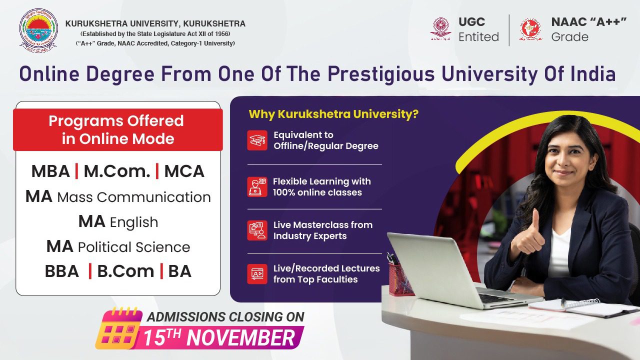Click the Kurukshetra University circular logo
tap(38, 30)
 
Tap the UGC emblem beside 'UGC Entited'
tap(441, 28)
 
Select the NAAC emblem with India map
tap(530, 29)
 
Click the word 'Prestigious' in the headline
tap(381, 74)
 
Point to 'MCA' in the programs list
tap(184, 171)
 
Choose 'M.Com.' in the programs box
tap(117, 171)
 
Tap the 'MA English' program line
tap(118, 222)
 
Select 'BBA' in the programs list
tap(61, 271)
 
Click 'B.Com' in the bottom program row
tap(125, 271)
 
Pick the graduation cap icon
tap(257, 140)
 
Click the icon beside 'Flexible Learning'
tap(257, 187)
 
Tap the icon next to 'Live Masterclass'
tap(257, 230)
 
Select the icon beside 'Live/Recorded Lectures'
tap(257, 274)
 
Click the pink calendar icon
tap(118, 328)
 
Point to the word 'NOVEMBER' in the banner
tap(240, 338)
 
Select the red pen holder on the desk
tap(400, 279)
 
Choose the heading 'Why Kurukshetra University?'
tap(333, 114)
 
